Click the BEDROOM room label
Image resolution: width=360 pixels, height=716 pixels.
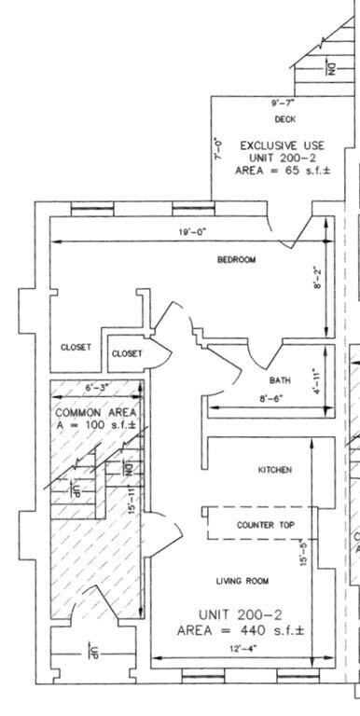[x=236, y=259]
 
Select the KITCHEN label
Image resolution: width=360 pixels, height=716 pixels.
[x=275, y=470]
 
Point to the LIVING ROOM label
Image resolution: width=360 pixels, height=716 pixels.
[x=242, y=581]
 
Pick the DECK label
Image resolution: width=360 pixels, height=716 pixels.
[x=284, y=119]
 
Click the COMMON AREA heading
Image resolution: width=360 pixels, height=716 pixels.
[x=96, y=412]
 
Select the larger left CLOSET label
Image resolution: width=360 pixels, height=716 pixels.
[x=76, y=347]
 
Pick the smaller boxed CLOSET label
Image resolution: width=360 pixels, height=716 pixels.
[x=127, y=353]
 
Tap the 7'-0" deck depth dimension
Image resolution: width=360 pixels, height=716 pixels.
[x=217, y=146]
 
